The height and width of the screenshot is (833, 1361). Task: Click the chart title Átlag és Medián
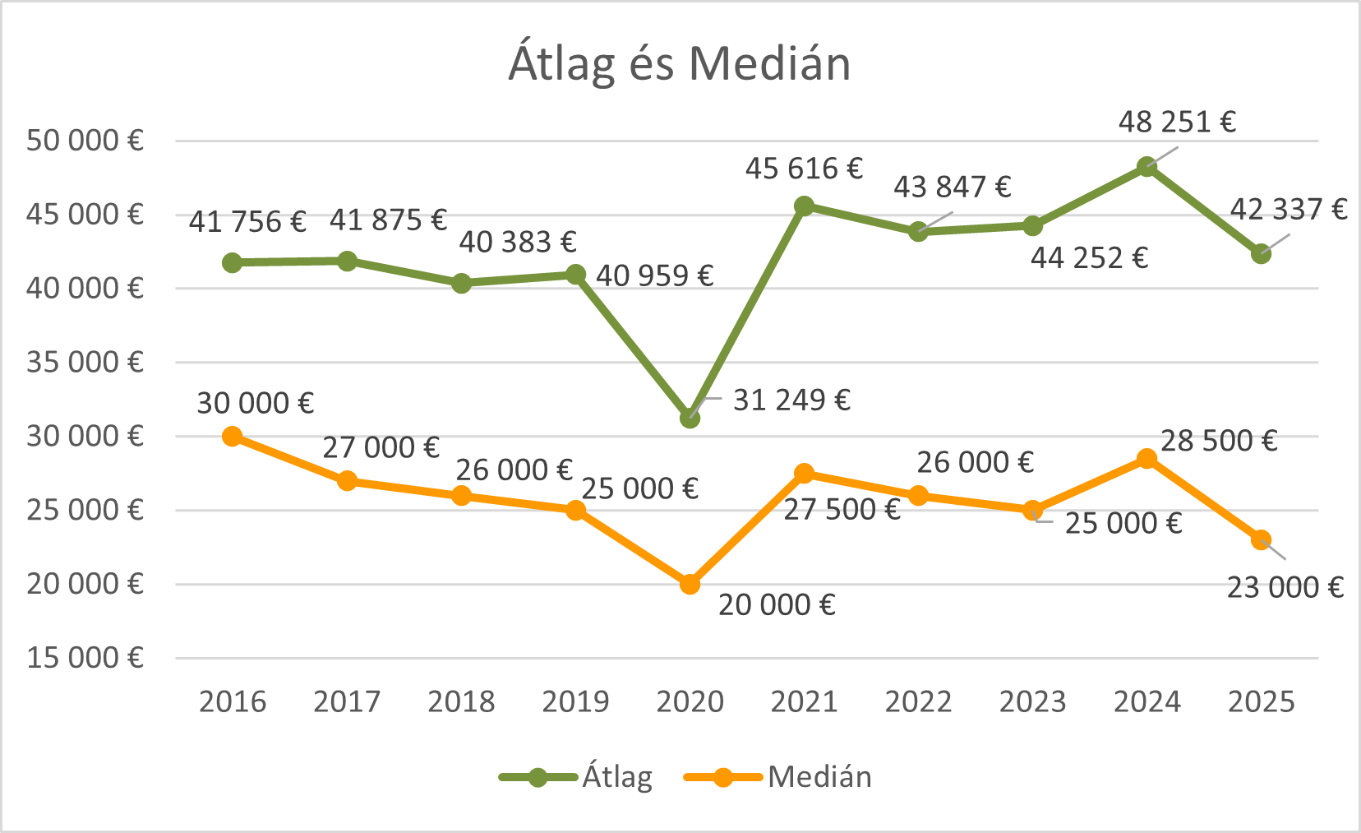tap(680, 63)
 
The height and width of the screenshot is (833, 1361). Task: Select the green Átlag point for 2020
tap(690, 419)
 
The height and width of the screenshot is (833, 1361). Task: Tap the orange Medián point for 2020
tap(690, 584)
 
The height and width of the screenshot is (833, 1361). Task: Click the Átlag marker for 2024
tap(1147, 167)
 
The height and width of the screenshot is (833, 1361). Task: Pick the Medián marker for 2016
tap(233, 436)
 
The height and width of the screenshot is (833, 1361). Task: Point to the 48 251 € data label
tap(1177, 123)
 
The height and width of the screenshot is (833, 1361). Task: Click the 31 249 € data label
tap(791, 400)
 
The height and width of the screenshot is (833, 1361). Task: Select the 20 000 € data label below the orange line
tap(777, 605)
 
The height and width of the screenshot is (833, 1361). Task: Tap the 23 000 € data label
tap(1285, 588)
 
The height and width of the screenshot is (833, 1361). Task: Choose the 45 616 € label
tap(804, 169)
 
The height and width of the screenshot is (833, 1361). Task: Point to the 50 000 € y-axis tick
tap(85, 141)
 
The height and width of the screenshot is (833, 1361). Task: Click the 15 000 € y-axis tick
tap(85, 658)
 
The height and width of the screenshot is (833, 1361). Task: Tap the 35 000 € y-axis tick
tap(85, 362)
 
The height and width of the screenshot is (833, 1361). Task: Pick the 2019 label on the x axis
tap(575, 702)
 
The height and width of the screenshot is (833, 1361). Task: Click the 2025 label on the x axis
tap(1261, 702)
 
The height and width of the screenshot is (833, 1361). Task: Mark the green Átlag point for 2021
tap(805, 206)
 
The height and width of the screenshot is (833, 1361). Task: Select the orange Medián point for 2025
tap(1262, 540)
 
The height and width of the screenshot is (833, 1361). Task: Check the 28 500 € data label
tap(1219, 442)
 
